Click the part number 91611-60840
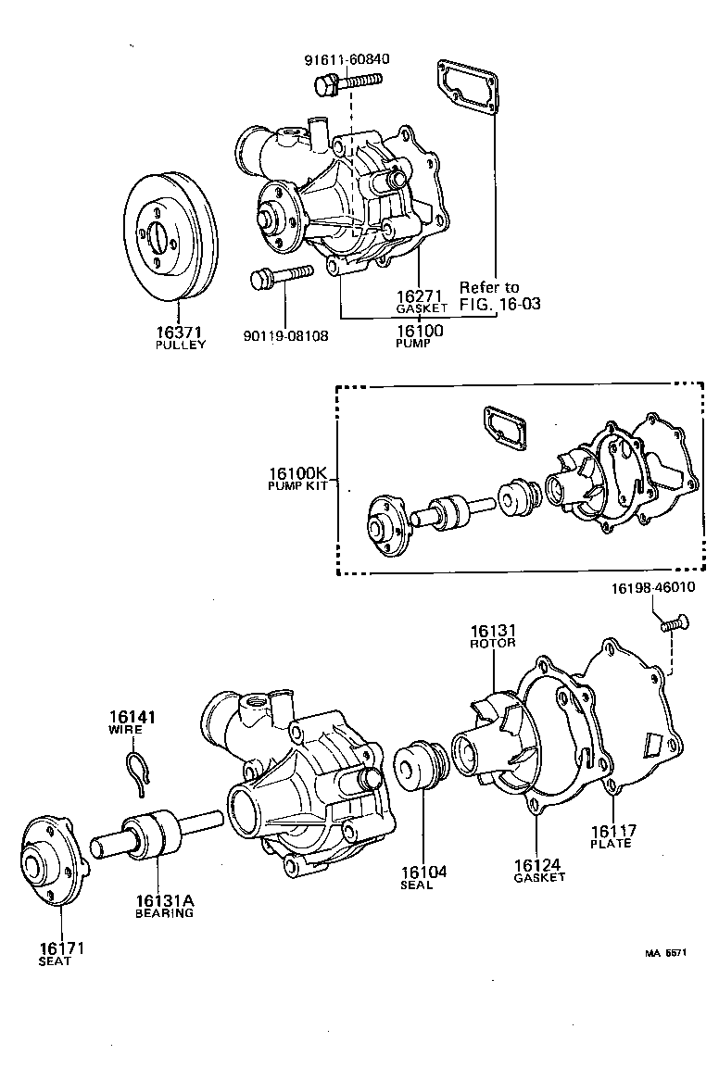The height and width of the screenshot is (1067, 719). pos(347,59)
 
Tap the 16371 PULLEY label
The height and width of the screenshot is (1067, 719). pos(180,337)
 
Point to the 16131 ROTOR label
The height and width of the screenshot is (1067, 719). pos(492,635)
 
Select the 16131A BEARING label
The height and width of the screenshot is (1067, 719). pos(166,905)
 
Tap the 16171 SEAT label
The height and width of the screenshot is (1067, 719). pos(54,953)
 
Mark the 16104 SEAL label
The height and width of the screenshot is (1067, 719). pos(423,877)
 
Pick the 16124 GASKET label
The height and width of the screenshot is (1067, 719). pos(538,871)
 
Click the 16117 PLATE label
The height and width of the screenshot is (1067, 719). pos(611,836)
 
